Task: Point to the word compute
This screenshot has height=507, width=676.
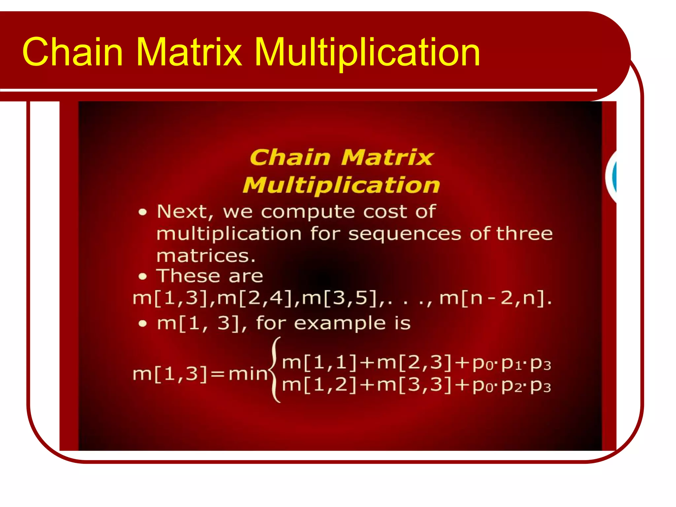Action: click(308, 212)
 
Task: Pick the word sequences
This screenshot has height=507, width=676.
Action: click(405, 234)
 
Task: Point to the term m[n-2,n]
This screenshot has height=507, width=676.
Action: click(495, 298)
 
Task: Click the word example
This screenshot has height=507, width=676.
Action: click(340, 323)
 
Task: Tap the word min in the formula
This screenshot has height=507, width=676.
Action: click(248, 374)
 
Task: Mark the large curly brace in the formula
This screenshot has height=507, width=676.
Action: click(275, 370)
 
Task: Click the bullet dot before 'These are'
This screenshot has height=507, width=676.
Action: click(142, 277)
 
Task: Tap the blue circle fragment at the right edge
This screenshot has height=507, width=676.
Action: click(613, 176)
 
